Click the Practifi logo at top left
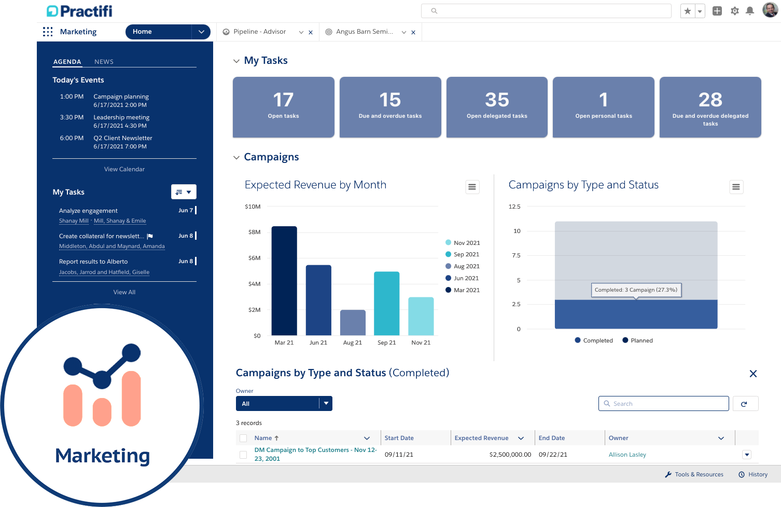(x=79, y=11)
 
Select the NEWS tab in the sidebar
(x=104, y=62)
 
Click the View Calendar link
(x=124, y=169)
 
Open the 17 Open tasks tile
(x=283, y=107)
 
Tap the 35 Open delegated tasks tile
(x=496, y=107)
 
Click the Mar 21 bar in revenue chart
(x=284, y=280)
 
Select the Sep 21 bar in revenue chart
(x=386, y=303)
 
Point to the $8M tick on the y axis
(x=254, y=232)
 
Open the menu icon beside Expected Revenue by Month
(x=472, y=187)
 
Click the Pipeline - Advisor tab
(x=259, y=32)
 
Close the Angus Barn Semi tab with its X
(x=413, y=32)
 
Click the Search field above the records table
(x=664, y=404)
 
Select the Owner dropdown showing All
(x=284, y=404)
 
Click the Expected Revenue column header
(x=481, y=438)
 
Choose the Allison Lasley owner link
(x=627, y=455)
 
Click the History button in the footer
(x=753, y=474)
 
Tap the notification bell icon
(x=749, y=11)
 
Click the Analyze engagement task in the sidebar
(x=89, y=211)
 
